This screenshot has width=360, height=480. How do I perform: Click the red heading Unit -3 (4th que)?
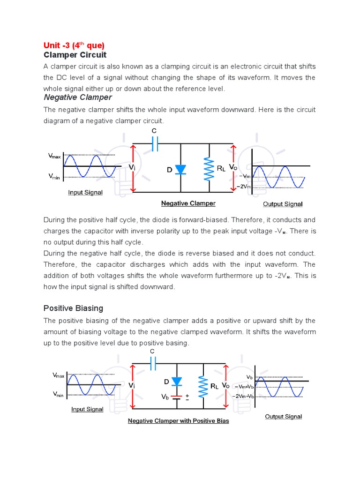click(74, 45)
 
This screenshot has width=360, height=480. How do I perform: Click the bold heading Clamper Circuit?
click(75, 55)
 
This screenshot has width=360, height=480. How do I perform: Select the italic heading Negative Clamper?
click(78, 97)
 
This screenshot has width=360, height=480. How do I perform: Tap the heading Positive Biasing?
click(73, 308)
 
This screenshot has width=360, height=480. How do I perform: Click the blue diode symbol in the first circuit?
click(181, 170)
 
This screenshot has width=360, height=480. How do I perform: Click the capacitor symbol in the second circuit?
click(152, 362)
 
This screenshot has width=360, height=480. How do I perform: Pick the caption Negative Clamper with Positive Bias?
click(179, 421)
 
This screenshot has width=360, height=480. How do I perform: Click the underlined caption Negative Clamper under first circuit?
click(188, 203)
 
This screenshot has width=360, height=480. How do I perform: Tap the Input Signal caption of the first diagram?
click(85, 192)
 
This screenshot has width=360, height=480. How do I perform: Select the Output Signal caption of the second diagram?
click(284, 416)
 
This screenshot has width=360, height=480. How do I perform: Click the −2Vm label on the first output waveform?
click(245, 186)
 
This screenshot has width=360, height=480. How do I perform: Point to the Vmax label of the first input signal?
click(54, 155)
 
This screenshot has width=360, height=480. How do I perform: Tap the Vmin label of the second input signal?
click(58, 395)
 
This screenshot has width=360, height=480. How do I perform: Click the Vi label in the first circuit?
click(133, 167)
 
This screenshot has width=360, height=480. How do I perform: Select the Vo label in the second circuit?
click(225, 385)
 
